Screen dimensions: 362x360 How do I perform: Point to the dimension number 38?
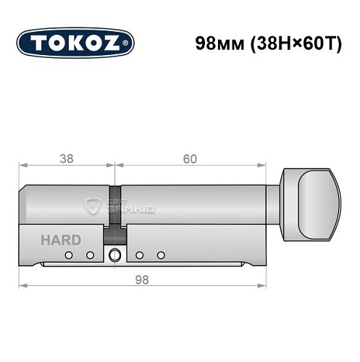pyautogui.click(x=66, y=159)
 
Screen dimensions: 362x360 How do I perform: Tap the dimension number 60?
pyautogui.click(x=191, y=159)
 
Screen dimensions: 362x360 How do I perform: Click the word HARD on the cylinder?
pyautogui.click(x=61, y=240)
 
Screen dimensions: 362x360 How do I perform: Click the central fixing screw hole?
pyautogui.click(x=114, y=255)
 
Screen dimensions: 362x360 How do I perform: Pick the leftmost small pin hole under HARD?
pyautogui.click(x=67, y=255)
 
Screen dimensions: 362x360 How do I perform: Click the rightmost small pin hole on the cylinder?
pyautogui.click(x=162, y=255)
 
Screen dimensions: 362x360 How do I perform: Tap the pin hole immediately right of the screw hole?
pyautogui.click(x=138, y=255)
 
